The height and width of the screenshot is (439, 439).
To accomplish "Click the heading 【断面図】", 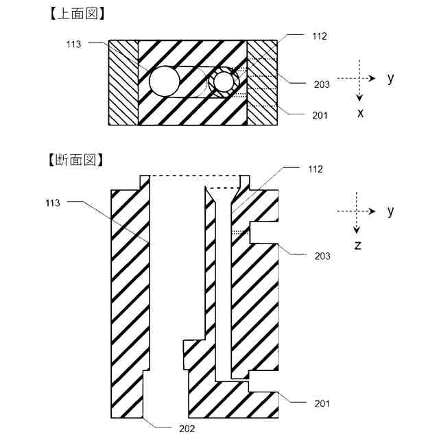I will click(x=76, y=160).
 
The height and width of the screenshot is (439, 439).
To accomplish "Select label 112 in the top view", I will click(x=318, y=36).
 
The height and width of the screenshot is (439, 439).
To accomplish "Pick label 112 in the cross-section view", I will click(x=315, y=168).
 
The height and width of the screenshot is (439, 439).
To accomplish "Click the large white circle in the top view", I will click(x=165, y=82).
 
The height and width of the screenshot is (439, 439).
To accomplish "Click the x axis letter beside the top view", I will click(x=360, y=113).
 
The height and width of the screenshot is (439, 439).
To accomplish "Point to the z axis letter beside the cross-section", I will click(x=358, y=245).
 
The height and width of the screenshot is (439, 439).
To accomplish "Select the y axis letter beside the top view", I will click(x=390, y=79).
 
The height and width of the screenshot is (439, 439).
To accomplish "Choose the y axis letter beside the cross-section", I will click(x=390, y=211).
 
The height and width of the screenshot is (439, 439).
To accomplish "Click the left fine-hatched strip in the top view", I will click(x=123, y=82).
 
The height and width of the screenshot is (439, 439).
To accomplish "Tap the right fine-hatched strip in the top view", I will click(x=262, y=82).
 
